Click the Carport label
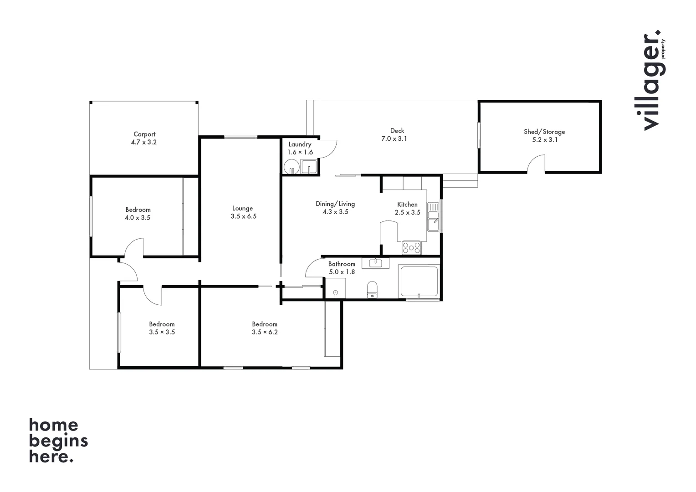(144, 134)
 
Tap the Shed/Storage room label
(544, 132)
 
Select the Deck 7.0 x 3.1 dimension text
(394, 139)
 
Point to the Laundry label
(300, 144)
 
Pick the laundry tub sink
(309, 167)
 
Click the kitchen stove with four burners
(411, 247)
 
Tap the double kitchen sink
(433, 217)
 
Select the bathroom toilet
(372, 290)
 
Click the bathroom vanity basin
(375, 263)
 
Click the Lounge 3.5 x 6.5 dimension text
(243, 216)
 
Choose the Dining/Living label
(335, 204)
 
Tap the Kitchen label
(407, 205)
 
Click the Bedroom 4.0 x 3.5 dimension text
(138, 218)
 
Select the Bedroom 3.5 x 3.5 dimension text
(162, 332)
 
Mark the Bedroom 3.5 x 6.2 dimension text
(265, 332)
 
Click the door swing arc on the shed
(536, 164)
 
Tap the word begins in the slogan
(58, 441)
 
